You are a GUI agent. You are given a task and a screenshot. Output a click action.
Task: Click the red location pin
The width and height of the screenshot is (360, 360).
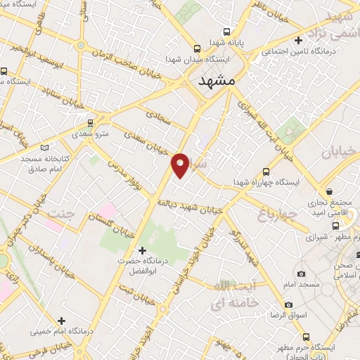pos(181,165)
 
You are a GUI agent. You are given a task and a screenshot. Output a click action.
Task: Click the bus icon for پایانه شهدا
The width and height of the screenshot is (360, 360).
pos(226,32)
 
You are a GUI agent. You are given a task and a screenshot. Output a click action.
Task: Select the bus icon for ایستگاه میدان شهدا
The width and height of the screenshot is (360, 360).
pos(197,49)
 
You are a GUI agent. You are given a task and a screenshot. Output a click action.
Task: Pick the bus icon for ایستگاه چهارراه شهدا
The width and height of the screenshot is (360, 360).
pos(266,172)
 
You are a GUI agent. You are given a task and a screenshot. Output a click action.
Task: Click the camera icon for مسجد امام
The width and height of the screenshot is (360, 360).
pos(301,274)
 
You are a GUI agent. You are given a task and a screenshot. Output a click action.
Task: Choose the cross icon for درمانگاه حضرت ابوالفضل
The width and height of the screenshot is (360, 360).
pos(142,250)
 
